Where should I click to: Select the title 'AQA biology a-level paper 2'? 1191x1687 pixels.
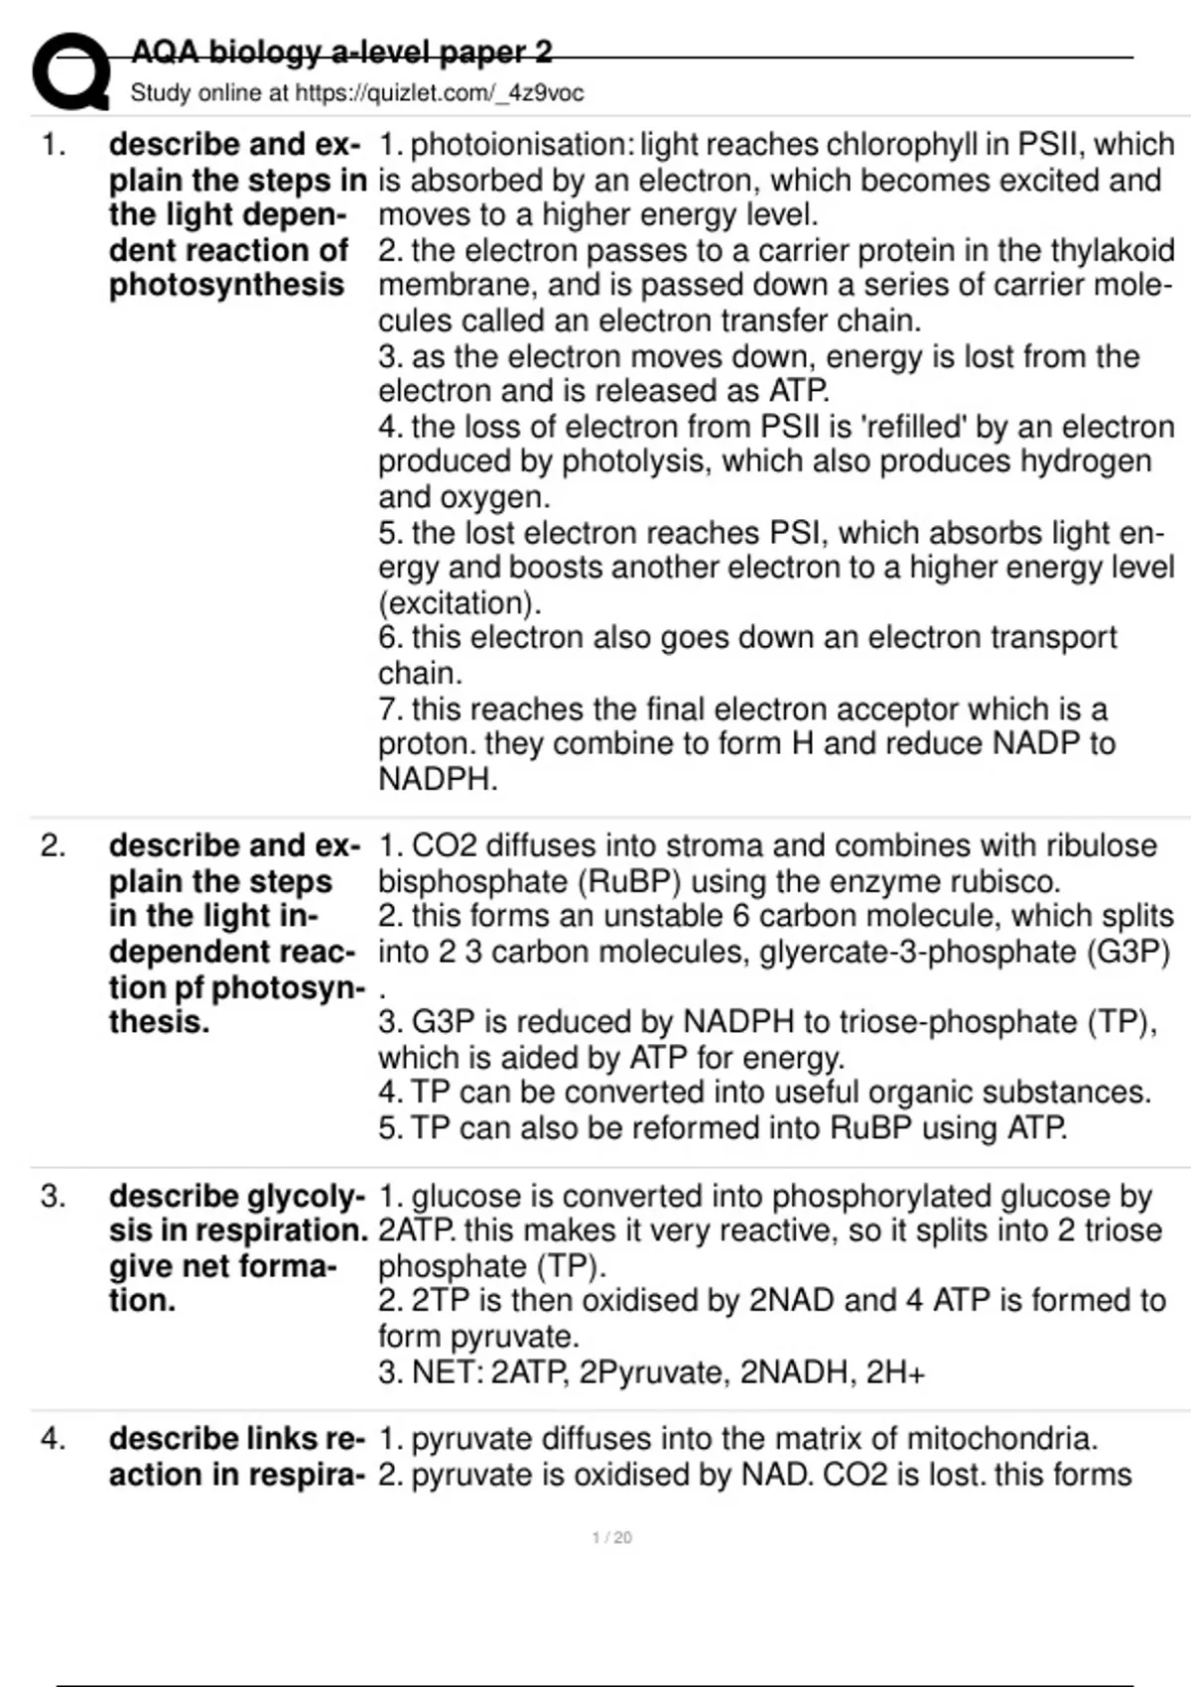341,52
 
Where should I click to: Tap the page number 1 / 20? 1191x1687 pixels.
611,1537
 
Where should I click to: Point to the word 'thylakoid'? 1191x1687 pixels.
1111,250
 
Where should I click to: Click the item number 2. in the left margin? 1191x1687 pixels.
53,845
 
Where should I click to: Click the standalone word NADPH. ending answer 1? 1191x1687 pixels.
438,779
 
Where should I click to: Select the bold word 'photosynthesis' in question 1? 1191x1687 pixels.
226,286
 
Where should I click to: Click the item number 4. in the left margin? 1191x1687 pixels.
53,1439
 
